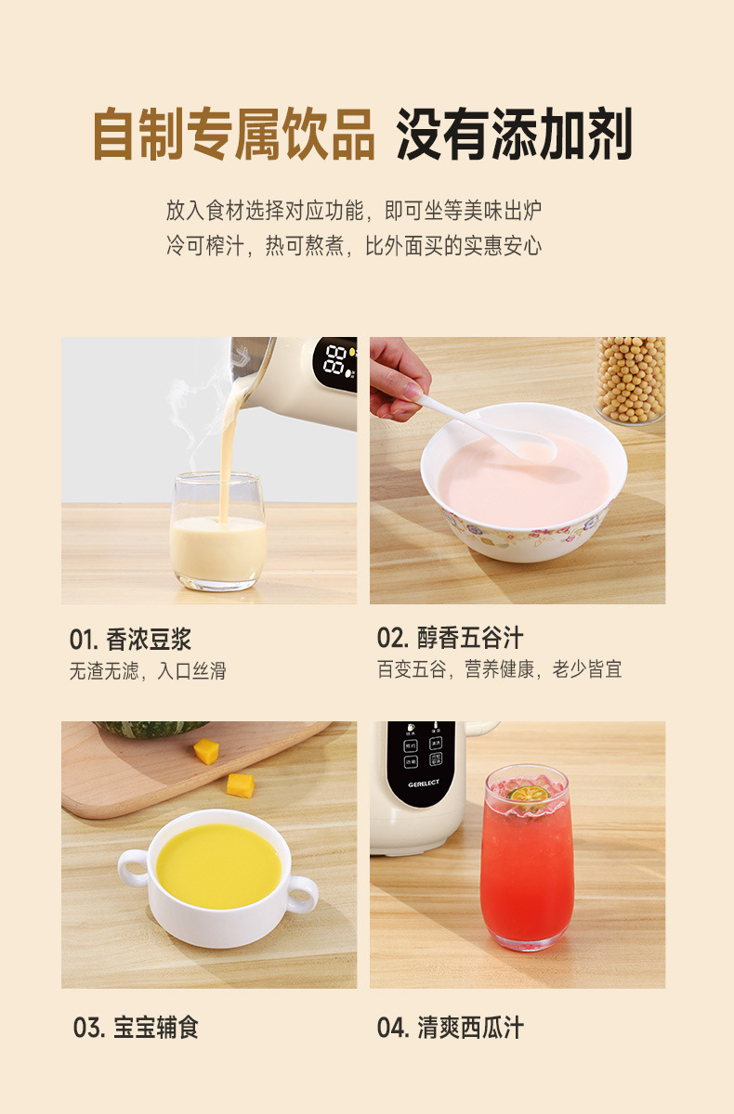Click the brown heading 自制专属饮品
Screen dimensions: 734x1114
click(233, 135)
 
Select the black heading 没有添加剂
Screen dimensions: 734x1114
click(514, 135)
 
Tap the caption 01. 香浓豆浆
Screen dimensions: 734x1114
click(130, 640)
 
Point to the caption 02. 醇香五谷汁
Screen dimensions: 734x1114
click(450, 638)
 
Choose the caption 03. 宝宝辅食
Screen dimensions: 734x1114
click(136, 1028)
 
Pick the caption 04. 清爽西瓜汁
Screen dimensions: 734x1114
click(450, 1028)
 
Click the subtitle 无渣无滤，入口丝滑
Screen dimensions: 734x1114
click(148, 671)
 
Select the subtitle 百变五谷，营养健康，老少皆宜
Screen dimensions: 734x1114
click(500, 669)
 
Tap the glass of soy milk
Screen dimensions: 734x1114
click(218, 532)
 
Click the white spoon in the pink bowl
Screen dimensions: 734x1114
click(488, 428)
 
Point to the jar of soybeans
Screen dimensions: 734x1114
click(630, 381)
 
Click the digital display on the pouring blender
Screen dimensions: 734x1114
click(335, 364)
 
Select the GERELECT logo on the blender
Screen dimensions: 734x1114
click(424, 784)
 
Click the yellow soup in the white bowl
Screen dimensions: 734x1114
click(219, 867)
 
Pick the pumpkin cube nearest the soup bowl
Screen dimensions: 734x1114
click(241, 785)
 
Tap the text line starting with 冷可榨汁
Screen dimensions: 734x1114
click(354, 246)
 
